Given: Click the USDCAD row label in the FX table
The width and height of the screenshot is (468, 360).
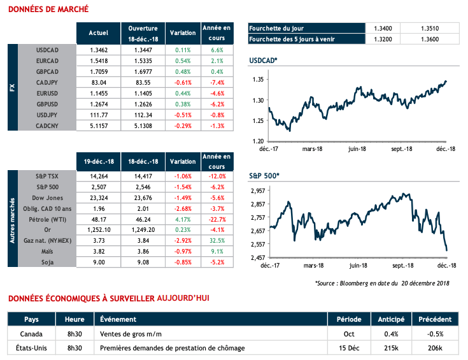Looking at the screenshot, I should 48,50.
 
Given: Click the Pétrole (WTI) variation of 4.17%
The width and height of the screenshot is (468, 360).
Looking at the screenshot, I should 182,219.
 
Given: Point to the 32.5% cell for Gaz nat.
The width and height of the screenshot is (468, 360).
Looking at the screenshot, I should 216,241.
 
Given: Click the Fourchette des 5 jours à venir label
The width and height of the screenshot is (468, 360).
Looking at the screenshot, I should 293,39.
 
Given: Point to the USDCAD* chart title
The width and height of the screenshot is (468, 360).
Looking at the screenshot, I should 264,61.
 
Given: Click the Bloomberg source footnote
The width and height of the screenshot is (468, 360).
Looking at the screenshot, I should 382,284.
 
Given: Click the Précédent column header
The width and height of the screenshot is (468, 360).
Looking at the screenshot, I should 436,319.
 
